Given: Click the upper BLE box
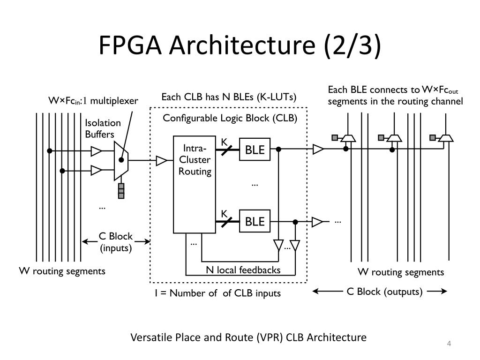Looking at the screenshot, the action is pos(255,150).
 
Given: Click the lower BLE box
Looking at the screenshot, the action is pos(255,221).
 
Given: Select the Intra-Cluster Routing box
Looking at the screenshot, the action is pos(195,185).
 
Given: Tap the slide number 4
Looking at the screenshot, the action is pos(449,344).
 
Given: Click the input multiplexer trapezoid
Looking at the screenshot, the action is pos(121,161).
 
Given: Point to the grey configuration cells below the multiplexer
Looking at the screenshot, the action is pos(121,191).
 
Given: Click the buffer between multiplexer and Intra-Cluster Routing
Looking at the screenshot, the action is pos(161,160).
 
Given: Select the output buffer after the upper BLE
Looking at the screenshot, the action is pos(318,150).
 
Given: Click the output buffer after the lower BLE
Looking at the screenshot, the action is pos(317,222).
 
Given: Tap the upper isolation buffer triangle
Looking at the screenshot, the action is pos(96,151).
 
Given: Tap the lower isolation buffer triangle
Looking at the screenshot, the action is pos(96,171).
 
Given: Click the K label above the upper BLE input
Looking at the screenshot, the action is pos(224,142).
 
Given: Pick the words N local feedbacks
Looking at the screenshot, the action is pos(243,270).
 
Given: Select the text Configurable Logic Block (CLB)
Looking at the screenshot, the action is pos(230,118).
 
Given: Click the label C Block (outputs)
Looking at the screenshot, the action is pos(384,292).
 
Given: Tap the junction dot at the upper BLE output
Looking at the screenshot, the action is pos(278,150).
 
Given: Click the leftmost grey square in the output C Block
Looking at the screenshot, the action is pos(335,138).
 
